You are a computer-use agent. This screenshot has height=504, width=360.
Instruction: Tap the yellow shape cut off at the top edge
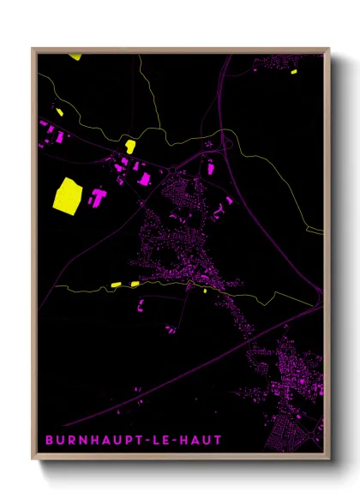tap(75, 57)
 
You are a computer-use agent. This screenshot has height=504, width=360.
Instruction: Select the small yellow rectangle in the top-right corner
tap(293, 72)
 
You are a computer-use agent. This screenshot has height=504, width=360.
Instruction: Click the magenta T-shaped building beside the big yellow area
tap(97, 197)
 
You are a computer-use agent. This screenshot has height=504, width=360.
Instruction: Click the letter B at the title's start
tap(48, 441)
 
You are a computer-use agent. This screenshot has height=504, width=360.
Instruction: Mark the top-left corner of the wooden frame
tap(33, 49)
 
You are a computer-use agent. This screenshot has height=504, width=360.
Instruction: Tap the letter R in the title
tap(71, 441)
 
